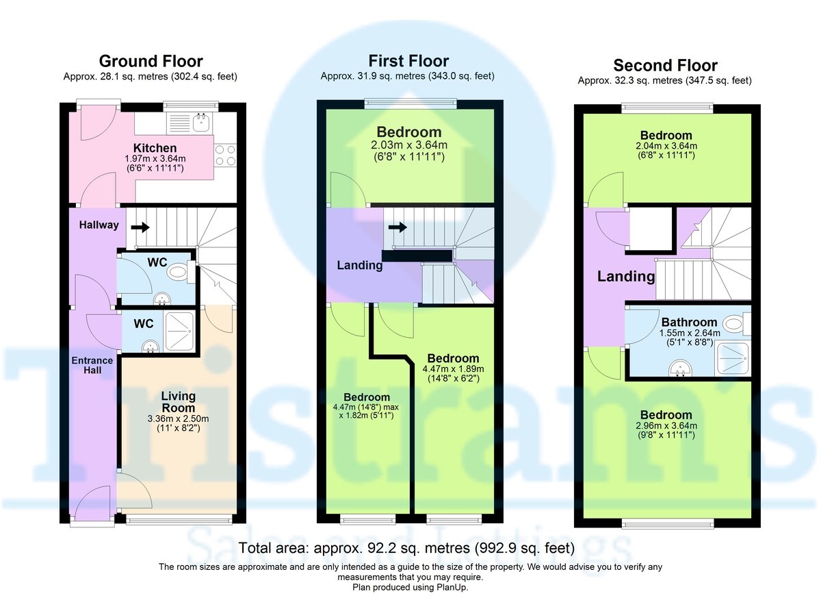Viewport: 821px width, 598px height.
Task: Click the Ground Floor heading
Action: tap(151, 62)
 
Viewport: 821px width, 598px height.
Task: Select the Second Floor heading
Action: tap(665, 66)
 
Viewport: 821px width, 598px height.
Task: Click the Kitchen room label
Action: tap(155, 148)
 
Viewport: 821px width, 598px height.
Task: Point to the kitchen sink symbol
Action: tap(201, 123)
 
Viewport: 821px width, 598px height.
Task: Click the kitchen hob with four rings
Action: tap(226, 154)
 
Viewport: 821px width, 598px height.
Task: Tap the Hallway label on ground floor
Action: tap(99, 225)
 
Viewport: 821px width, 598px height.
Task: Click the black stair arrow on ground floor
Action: tap(140, 227)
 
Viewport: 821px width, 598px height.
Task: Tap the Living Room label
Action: tap(178, 402)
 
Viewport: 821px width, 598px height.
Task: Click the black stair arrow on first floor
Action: tap(397, 227)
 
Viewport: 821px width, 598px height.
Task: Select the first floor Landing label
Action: tap(360, 265)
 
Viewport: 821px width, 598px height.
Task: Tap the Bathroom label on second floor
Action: tap(689, 322)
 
